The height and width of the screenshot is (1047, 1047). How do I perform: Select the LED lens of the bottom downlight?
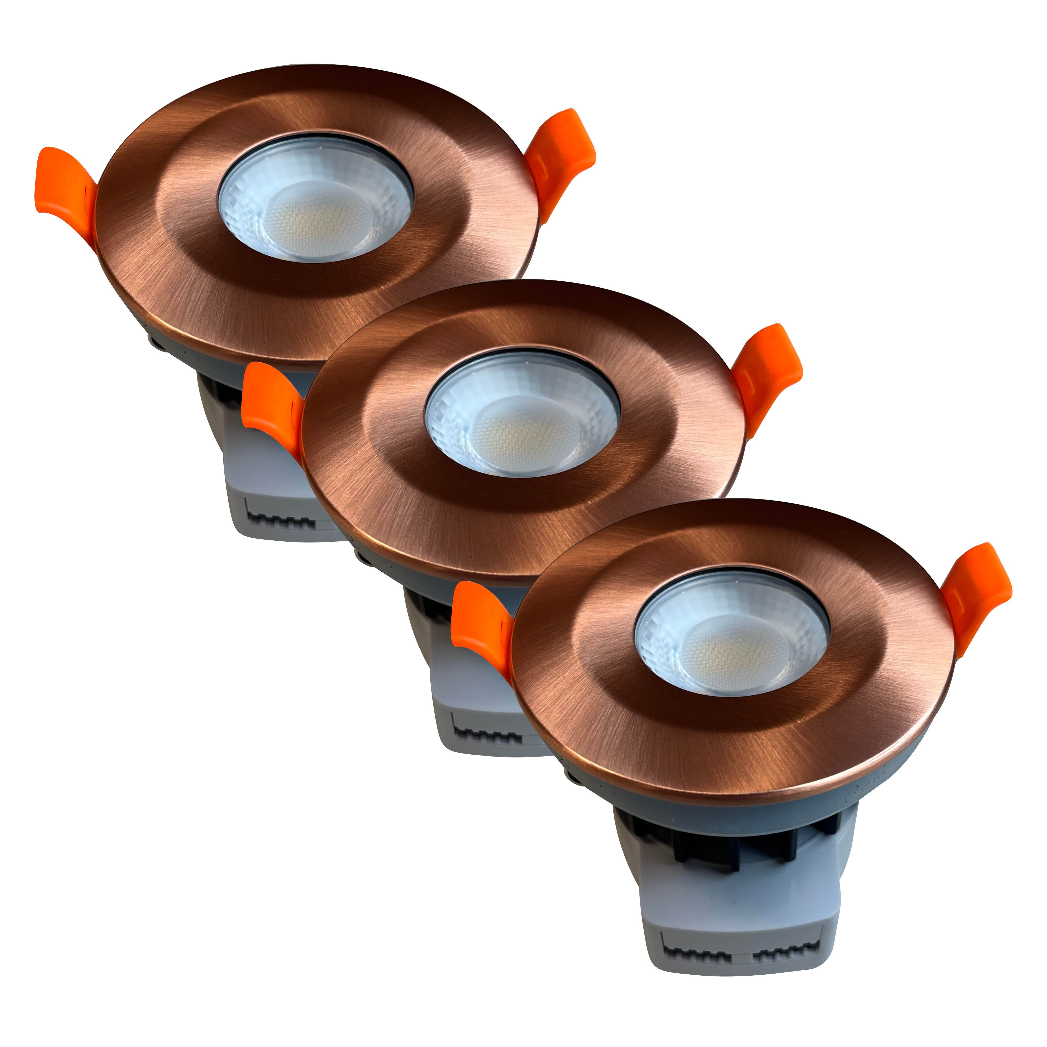click(732, 631)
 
